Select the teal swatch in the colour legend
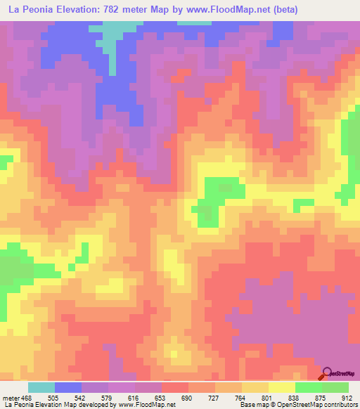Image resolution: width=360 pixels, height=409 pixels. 41,387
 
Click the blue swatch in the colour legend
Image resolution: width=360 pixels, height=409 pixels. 68,387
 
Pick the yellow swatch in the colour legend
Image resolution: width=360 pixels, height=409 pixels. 282,387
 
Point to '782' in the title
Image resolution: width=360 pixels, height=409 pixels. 128,10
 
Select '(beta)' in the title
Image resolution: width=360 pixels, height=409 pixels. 298,10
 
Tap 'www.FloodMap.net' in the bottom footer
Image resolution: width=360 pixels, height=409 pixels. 143,405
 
